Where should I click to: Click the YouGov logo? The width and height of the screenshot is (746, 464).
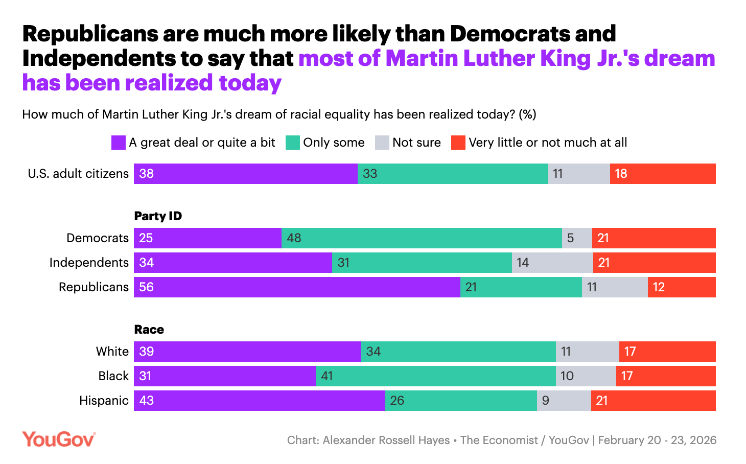pos(59,439)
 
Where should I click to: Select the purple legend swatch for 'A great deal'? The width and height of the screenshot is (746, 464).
pos(119,143)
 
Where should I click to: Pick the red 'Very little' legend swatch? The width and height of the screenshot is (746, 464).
pos(458,143)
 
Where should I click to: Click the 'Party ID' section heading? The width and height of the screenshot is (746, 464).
pos(158,216)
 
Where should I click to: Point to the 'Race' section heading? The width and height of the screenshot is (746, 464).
pos(149,330)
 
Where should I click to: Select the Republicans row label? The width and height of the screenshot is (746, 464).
pos(94,287)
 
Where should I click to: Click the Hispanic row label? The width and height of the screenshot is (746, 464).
pos(104,401)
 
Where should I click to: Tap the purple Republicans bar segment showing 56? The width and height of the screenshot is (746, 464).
pos(297,287)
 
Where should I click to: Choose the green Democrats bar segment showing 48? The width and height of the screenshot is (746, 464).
pos(422,238)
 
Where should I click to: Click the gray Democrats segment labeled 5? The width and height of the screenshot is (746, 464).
pos(577,238)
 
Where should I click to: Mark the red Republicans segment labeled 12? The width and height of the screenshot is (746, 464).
pos(682,287)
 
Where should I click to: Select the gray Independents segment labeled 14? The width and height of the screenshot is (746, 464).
pos(552,263)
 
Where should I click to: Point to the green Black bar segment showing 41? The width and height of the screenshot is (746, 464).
pos(435,376)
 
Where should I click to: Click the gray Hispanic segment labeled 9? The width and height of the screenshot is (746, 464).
pos(564,401)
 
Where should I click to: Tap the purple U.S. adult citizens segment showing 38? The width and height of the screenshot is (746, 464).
pos(245,174)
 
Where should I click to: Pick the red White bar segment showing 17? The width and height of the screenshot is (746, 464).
pos(667,352)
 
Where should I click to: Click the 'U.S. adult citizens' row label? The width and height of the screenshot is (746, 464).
pos(78,174)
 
